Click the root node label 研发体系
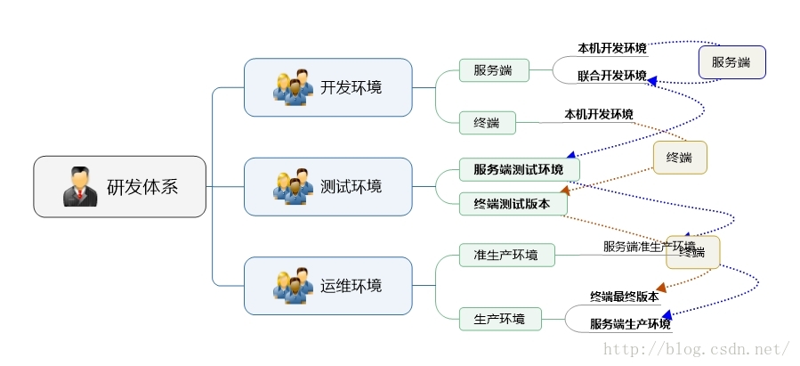pos(142,187)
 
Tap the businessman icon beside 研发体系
pos(80,186)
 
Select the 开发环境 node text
pos(352,87)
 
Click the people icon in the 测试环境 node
pos(293,186)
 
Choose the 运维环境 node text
pos(352,286)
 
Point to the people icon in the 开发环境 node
pos(293,87)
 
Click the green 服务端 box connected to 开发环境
pos(493,70)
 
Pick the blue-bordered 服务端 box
pos(731,62)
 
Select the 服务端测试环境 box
pos(519,169)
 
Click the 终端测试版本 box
pos(513,204)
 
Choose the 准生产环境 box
pos(505,256)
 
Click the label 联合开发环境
pos(611,76)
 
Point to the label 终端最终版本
pos(624,297)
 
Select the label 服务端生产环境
pos(630,323)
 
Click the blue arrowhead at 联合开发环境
pos(652,81)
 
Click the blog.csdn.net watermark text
pos(697,349)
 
